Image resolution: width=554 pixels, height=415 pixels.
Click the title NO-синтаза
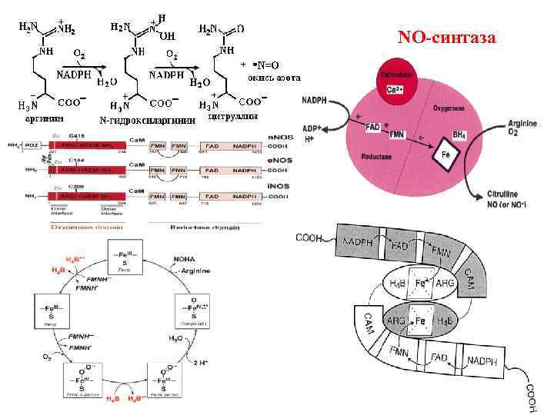pyautogui.click(x=447, y=37)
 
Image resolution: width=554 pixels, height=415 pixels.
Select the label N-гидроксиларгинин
pyautogui.click(x=146, y=121)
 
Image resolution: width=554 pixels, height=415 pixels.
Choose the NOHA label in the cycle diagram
pyautogui.click(x=185, y=260)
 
